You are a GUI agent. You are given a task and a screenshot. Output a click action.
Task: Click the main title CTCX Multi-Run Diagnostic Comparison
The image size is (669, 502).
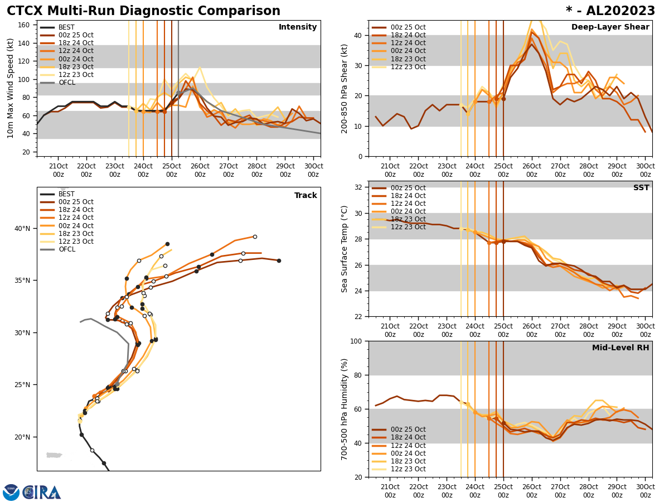point(143,11)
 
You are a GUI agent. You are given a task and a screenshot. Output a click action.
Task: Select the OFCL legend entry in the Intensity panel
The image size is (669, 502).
point(67,83)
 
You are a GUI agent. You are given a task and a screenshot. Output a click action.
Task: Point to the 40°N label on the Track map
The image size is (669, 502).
point(22,229)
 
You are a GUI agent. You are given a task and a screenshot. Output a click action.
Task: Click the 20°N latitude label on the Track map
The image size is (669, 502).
point(22,437)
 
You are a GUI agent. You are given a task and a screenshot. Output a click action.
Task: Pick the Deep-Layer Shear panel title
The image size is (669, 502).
point(610,27)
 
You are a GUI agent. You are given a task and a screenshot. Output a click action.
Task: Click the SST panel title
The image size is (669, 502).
point(641,188)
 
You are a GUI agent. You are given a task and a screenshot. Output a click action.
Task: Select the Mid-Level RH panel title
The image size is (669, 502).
point(620,348)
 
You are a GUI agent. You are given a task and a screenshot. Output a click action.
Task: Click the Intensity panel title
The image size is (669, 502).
point(298,27)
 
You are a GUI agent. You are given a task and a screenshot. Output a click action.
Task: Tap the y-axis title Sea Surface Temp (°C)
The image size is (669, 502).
point(345,249)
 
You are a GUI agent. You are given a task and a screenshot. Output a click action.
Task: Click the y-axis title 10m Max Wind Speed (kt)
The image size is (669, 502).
point(11,88)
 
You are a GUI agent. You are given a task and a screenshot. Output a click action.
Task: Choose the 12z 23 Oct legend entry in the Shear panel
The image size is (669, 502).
point(408,67)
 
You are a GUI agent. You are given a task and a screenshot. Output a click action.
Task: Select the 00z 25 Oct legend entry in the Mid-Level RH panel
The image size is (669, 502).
point(408,429)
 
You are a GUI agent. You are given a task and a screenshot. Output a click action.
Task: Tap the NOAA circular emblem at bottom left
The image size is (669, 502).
point(11,493)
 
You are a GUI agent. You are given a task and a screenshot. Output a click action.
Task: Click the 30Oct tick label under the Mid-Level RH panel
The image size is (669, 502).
point(645,491)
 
